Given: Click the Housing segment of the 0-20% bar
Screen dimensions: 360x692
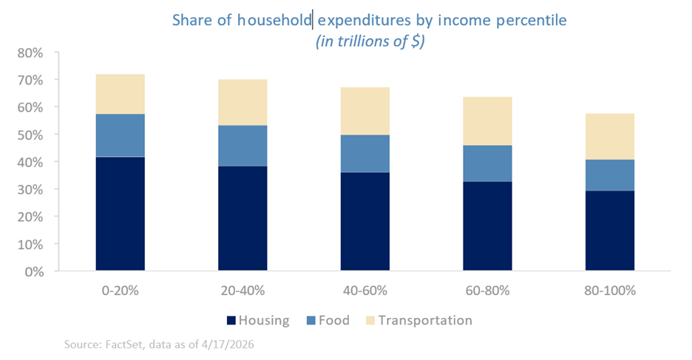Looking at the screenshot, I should [120, 214].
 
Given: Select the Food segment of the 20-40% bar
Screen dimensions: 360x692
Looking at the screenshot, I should [242, 146].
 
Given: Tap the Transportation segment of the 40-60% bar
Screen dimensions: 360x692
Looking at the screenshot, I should [364, 111].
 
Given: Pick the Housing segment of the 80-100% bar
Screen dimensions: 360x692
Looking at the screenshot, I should [610, 231].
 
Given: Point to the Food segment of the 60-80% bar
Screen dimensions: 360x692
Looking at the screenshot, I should [487, 163].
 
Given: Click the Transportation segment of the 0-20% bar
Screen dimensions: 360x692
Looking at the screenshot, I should [120, 94].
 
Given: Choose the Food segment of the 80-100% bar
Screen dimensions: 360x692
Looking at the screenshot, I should [610, 175].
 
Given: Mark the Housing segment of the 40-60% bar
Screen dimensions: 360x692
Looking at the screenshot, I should [364, 221].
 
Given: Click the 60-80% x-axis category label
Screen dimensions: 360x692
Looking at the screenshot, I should [487, 291].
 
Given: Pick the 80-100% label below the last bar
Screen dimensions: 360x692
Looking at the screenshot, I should [610, 291].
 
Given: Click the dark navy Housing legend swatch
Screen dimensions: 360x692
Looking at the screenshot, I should [230, 321].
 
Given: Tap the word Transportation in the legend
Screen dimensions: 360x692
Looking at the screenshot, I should [424, 321].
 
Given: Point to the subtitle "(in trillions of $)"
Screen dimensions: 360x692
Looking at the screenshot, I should [370, 41].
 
